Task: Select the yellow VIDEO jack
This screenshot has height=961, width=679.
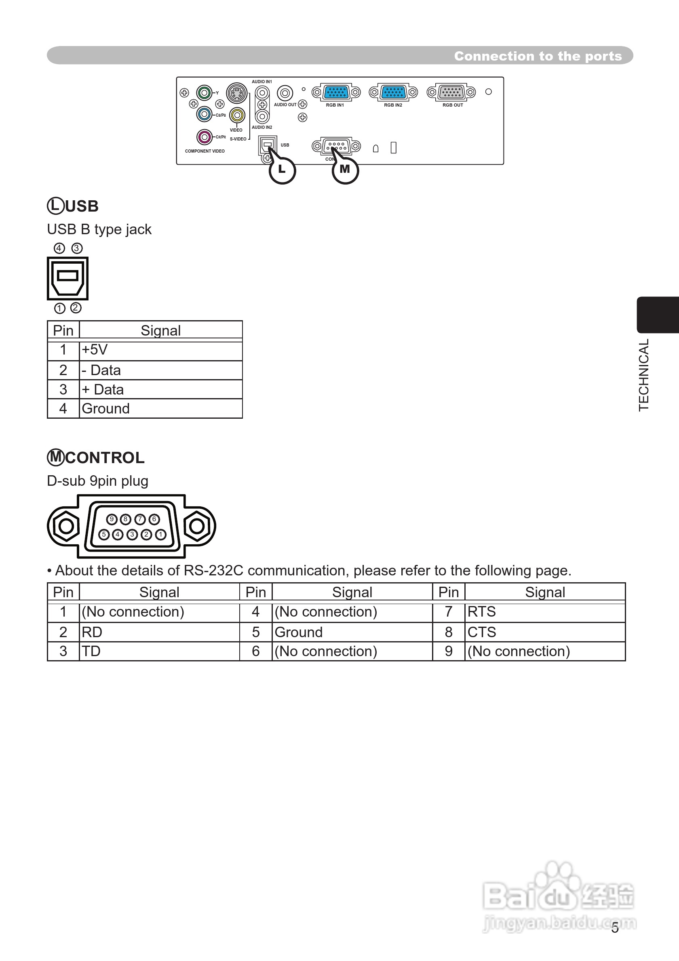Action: pyautogui.click(x=237, y=115)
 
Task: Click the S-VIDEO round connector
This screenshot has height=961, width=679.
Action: pyautogui.click(x=237, y=92)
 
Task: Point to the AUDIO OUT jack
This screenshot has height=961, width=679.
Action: pyautogui.click(x=285, y=93)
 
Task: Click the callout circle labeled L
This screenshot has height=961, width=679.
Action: pyautogui.click(x=282, y=170)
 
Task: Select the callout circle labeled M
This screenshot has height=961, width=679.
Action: pyautogui.click(x=345, y=170)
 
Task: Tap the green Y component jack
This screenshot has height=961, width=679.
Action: pyautogui.click(x=204, y=92)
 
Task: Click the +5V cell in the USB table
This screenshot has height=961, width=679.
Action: pyautogui.click(x=160, y=350)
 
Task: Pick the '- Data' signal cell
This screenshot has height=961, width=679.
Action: pyautogui.click(x=160, y=370)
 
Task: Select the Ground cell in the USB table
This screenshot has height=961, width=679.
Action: pyautogui.click(x=160, y=409)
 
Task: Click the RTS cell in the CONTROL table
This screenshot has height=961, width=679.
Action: pyautogui.click(x=544, y=612)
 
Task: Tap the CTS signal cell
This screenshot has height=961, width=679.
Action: pyautogui.click(x=544, y=632)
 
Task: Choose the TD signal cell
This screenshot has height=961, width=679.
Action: pyautogui.click(x=159, y=651)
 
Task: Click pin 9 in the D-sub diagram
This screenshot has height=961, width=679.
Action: pyautogui.click(x=112, y=519)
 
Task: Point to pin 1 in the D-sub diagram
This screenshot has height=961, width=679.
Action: pyautogui.click(x=160, y=535)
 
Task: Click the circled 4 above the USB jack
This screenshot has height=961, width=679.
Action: pyautogui.click(x=59, y=248)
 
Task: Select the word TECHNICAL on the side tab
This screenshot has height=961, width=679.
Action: pyautogui.click(x=644, y=375)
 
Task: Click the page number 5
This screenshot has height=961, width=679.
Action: pyautogui.click(x=614, y=928)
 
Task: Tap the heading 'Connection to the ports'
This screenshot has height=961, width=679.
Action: pyautogui.click(x=538, y=56)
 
